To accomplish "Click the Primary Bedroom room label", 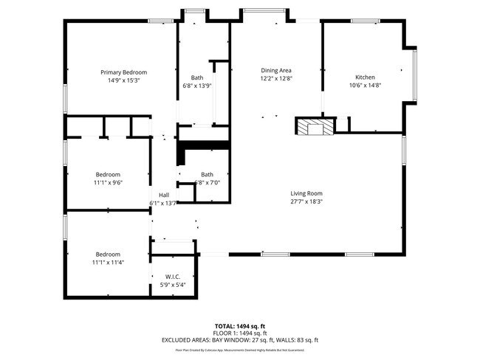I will coord(123,72).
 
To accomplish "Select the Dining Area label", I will coord(275,70).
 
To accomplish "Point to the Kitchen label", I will coord(365,77).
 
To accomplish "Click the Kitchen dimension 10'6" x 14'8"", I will coord(365,85).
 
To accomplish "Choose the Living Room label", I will coord(306,193).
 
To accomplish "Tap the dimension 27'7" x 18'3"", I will coord(306,201).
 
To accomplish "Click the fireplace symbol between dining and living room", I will coord(315,126).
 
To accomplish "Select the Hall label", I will coord(163,195).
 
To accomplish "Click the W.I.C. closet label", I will coord(173,277).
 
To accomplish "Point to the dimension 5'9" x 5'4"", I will coord(173,284).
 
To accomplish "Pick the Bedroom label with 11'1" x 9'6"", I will coord(107,175).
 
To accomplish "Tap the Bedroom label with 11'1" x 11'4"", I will coord(107,254).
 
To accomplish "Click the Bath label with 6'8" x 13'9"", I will coord(197,78).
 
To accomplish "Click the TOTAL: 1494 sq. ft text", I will coord(240,325).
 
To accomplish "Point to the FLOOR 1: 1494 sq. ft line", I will coord(240,333).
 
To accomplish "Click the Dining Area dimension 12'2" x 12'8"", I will coord(275,77).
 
